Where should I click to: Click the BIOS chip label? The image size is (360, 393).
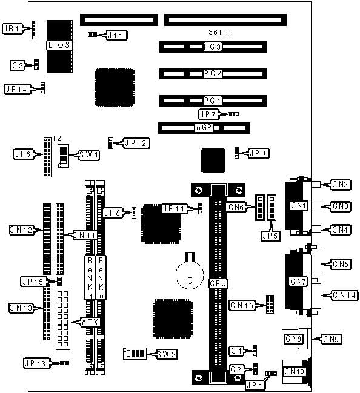click(x=59, y=45)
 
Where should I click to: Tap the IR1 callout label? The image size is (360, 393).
click(x=12, y=28)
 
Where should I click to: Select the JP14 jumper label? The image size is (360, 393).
click(x=16, y=89)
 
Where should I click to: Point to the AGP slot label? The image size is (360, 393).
click(x=204, y=128)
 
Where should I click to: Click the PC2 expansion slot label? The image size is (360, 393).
click(x=213, y=74)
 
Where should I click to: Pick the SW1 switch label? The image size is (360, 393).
click(x=89, y=155)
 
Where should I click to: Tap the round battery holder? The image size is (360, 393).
click(x=190, y=275)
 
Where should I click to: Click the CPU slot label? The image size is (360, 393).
click(x=218, y=283)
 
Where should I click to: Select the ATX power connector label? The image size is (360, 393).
click(x=90, y=322)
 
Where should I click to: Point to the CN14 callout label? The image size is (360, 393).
click(x=344, y=296)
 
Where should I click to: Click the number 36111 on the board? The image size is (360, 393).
click(x=220, y=32)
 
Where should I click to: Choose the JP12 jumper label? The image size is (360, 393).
click(x=136, y=144)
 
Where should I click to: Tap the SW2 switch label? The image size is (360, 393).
click(x=167, y=354)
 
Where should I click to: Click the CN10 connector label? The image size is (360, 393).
click(x=294, y=371)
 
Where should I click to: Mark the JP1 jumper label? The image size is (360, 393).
click(x=255, y=385)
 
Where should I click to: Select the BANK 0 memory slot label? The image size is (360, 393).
click(x=101, y=277)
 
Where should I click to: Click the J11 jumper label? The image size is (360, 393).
click(x=116, y=35)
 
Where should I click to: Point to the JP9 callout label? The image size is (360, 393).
click(x=259, y=153)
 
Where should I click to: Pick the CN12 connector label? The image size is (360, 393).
click(x=21, y=230)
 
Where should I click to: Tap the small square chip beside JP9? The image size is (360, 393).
click(x=213, y=160)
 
